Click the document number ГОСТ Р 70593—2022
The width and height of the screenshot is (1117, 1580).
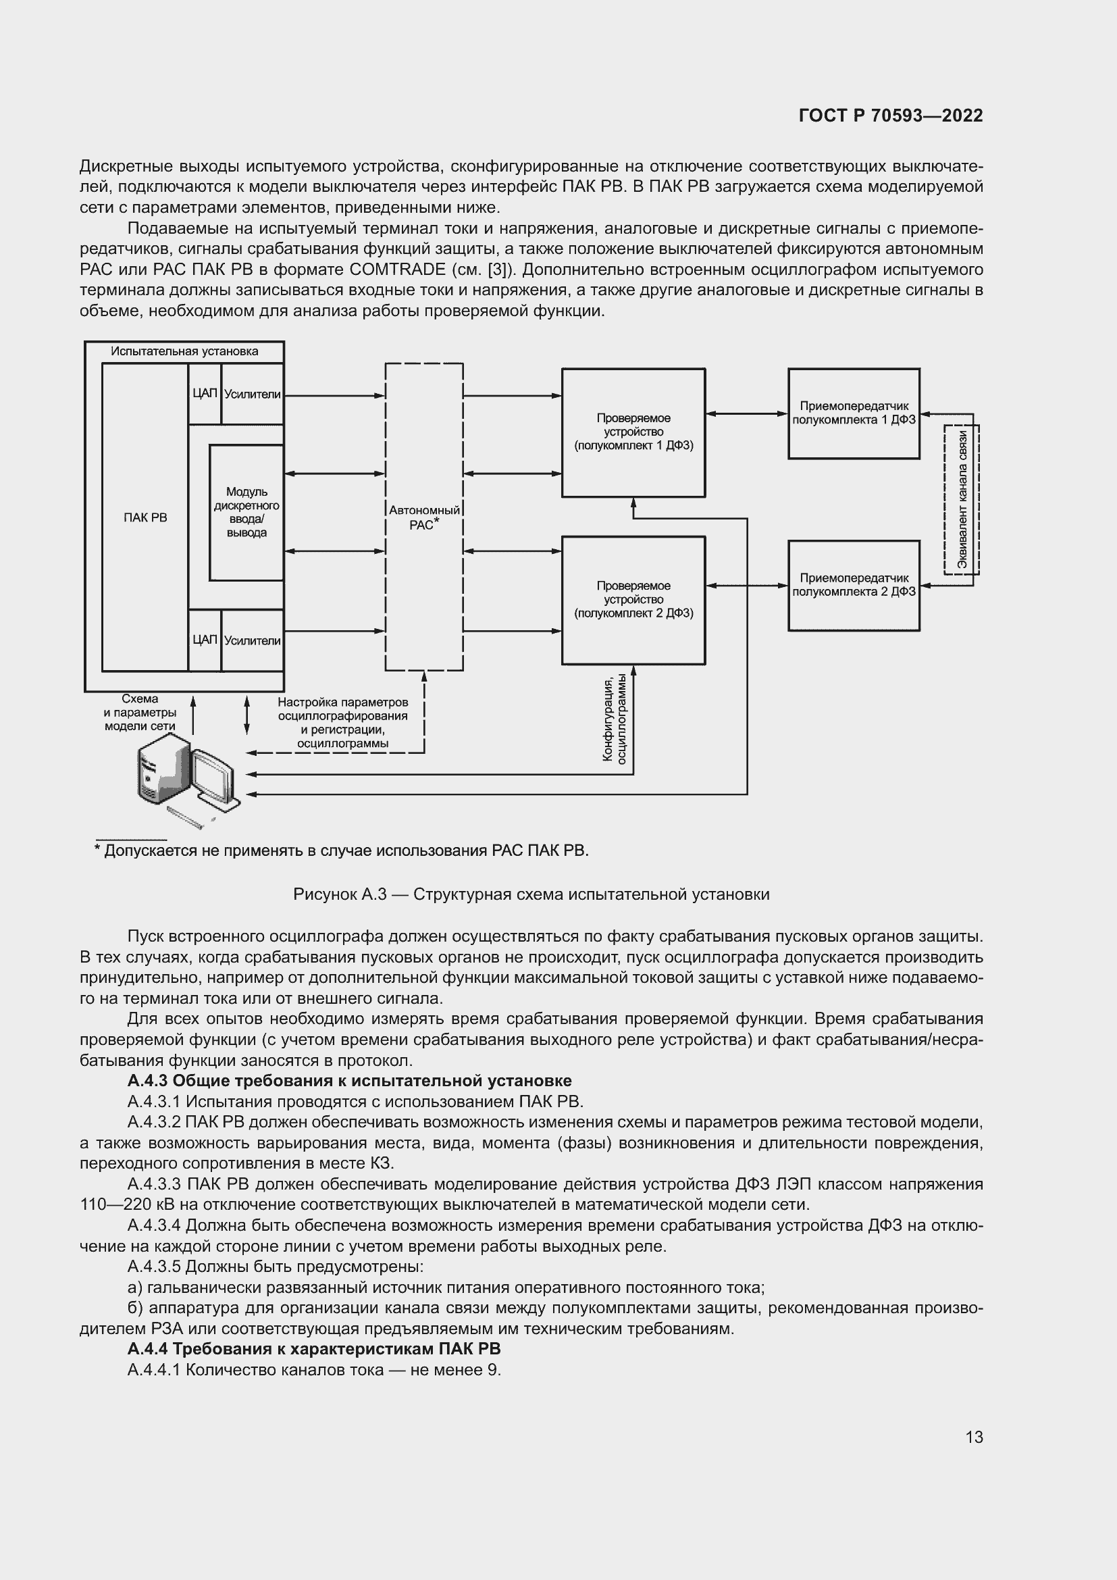[x=890, y=116]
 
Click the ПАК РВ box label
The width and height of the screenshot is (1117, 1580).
[x=145, y=517]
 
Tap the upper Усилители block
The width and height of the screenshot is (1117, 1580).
[x=253, y=394]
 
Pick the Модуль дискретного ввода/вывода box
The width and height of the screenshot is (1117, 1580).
[x=246, y=513]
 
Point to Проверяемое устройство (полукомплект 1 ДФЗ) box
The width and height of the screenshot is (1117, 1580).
[x=633, y=432]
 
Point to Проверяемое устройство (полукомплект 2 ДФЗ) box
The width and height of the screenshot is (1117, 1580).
[x=633, y=599]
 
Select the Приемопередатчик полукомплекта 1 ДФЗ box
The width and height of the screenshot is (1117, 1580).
[x=854, y=413]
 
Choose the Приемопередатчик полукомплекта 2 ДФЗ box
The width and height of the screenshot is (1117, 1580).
[x=854, y=585]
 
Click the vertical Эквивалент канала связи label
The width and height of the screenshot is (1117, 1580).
[x=962, y=500]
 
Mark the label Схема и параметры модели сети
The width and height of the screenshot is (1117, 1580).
[x=140, y=712]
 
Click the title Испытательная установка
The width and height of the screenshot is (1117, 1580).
[x=184, y=352]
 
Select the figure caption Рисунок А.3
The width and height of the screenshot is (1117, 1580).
[x=531, y=894]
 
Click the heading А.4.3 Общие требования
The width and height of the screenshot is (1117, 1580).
[x=349, y=1081]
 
